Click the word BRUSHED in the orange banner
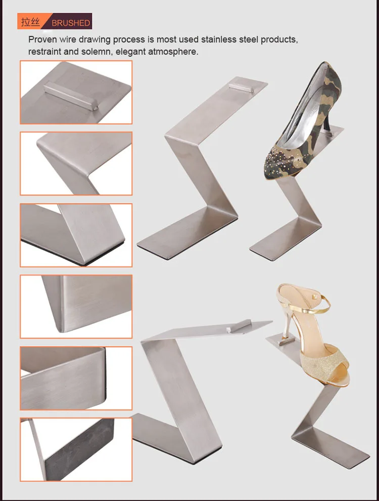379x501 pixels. [71, 23]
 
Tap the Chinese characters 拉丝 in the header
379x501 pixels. [31, 22]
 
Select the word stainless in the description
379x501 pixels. [220, 39]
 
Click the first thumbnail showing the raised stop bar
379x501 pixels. [76, 92]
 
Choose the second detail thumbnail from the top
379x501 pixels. [76, 163]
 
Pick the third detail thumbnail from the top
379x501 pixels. [76, 235]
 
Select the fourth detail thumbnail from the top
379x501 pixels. [76, 306]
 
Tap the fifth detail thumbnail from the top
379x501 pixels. [76, 378]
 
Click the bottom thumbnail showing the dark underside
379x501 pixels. [76, 449]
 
